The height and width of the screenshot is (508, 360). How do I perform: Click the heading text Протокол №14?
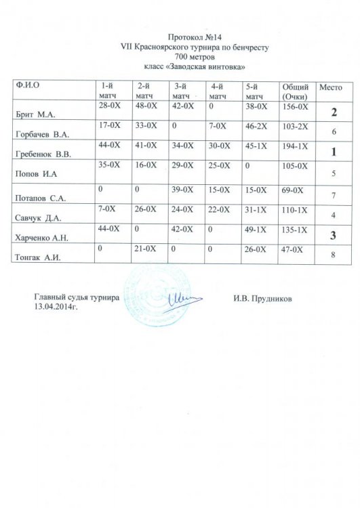pyautogui.click(x=194, y=39)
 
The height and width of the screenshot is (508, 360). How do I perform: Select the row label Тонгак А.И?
pyautogui.click(x=37, y=256)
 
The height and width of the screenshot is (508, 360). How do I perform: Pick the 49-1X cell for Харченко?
pyautogui.click(x=255, y=229)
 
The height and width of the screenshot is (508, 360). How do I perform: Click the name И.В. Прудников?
pyautogui.click(x=262, y=297)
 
